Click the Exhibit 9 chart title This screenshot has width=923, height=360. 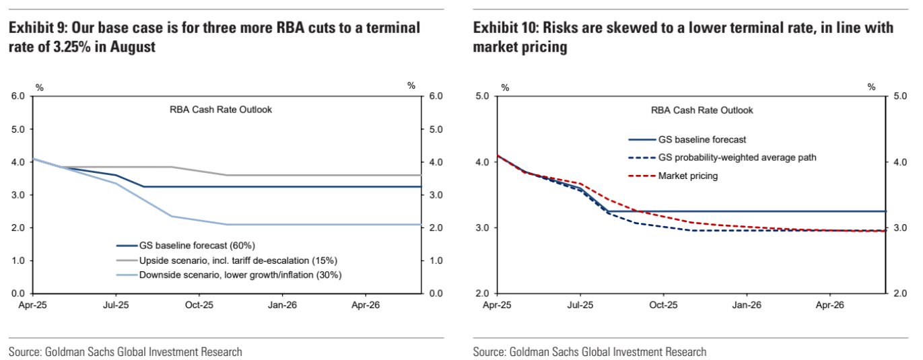click(214, 37)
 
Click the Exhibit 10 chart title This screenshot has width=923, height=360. click(683, 37)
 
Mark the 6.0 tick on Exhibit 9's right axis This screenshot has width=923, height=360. click(436, 96)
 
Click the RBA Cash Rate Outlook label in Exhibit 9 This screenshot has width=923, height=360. click(221, 110)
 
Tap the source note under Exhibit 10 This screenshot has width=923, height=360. click(590, 352)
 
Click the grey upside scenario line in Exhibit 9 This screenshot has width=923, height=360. click(303, 175)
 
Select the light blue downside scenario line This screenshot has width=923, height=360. click(303, 225)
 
